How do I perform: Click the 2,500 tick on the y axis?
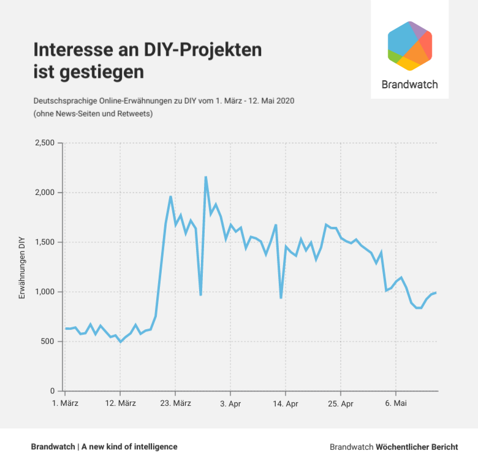point(45,143)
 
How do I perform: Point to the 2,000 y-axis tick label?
point(45,192)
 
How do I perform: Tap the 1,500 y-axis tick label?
point(45,242)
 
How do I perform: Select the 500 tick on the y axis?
point(48,341)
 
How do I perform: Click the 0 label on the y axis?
point(53,391)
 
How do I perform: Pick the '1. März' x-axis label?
point(64,403)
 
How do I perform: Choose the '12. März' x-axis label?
point(120,403)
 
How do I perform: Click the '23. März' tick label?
point(175,403)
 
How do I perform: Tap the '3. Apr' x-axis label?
point(230,403)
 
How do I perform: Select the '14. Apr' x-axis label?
point(285,403)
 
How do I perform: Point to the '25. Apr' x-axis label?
point(340,403)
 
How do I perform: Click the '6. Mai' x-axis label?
point(395,403)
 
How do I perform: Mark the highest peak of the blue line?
point(206,177)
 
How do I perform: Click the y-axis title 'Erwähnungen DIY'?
point(22,267)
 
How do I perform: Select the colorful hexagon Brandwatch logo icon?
point(410,46)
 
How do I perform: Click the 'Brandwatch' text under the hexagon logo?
point(409,85)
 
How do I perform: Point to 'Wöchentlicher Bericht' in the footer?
point(417,447)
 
